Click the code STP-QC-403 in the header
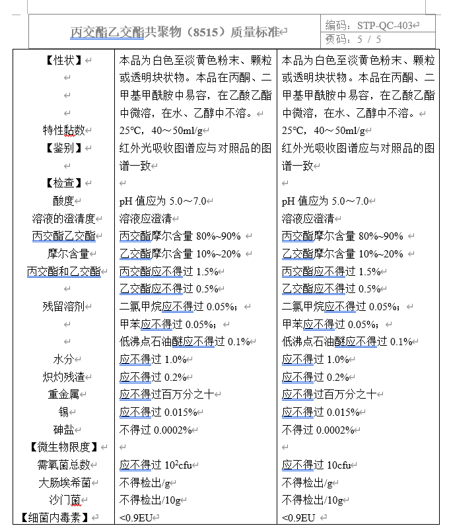point(385,26)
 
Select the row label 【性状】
point(64,61)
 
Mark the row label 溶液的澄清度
point(64,218)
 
